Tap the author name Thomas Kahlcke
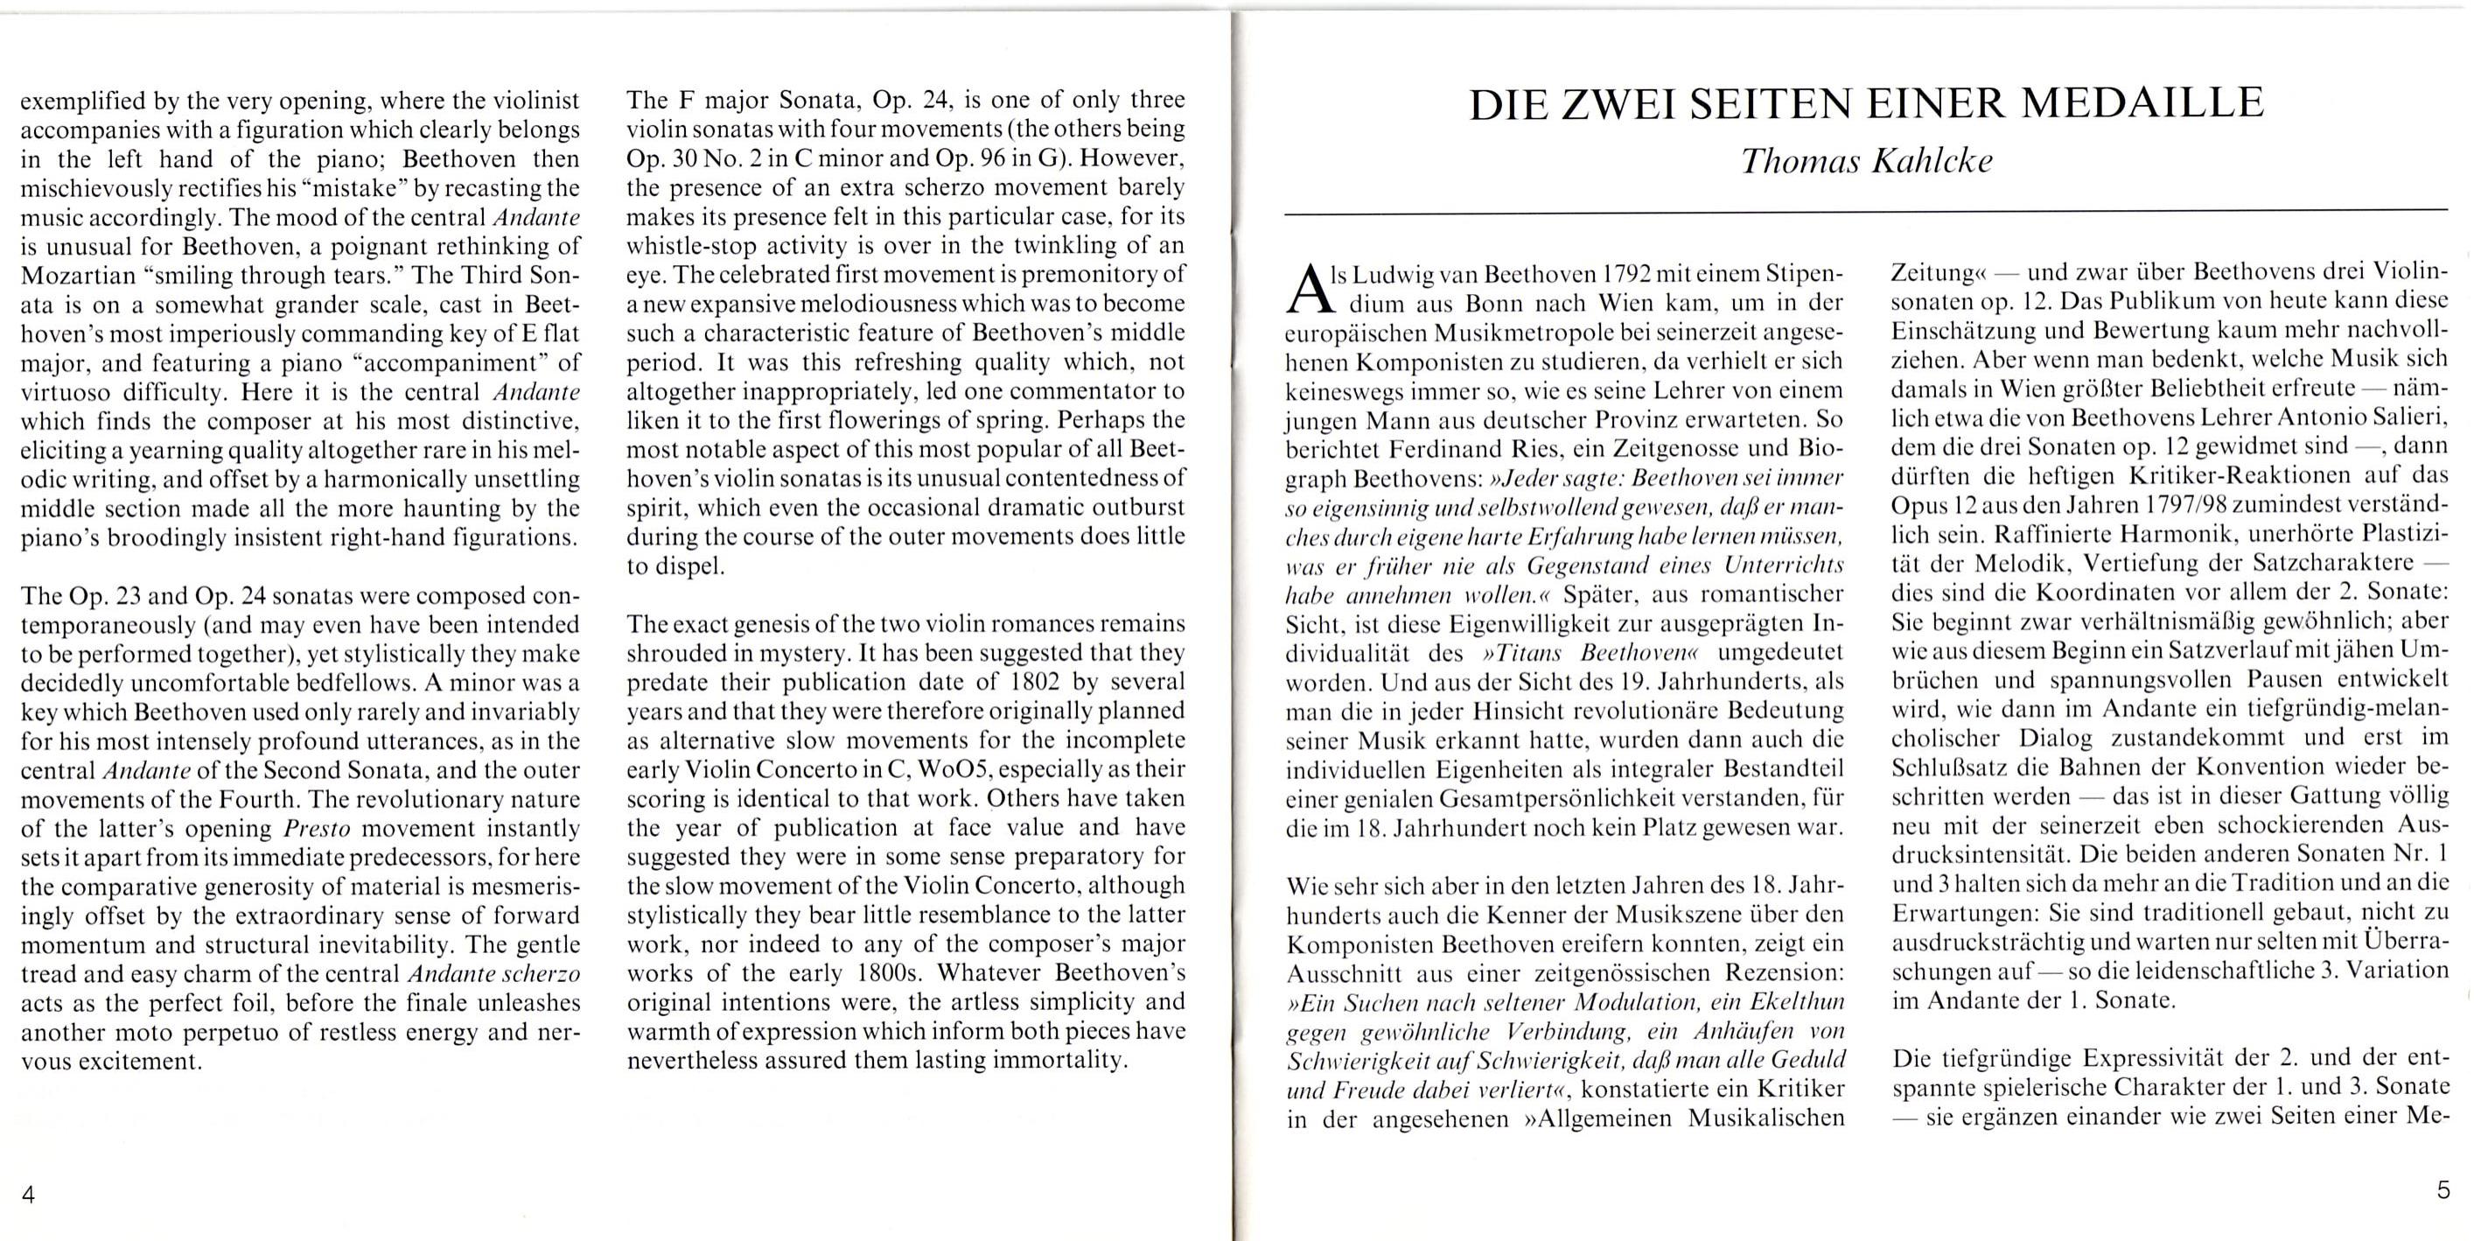pos(1866,159)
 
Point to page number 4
pos(28,1194)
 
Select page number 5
pos(2443,1190)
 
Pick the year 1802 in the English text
pos(1038,682)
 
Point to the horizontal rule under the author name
pos(1866,209)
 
